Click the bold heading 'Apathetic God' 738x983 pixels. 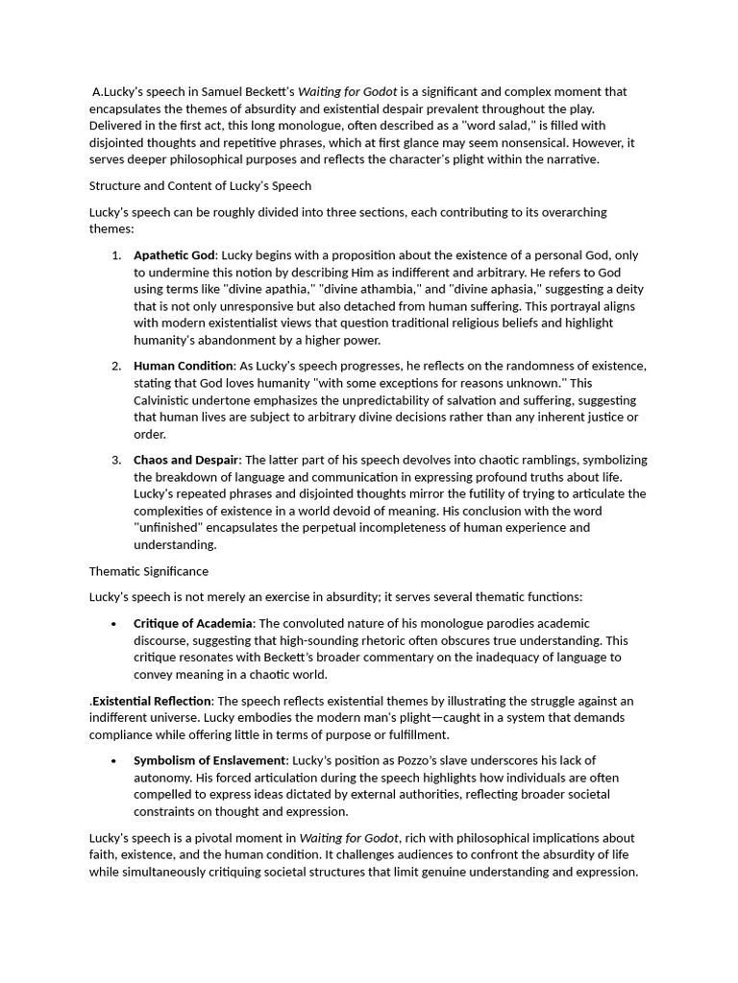[x=175, y=255]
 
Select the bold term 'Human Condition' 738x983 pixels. [x=184, y=366]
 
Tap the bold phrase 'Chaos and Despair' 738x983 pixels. [x=186, y=460]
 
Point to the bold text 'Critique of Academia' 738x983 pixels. [x=193, y=623]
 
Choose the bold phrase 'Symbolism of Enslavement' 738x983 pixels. [x=210, y=760]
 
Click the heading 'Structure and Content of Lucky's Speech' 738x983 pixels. [x=200, y=185]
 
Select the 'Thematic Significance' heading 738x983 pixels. [x=149, y=571]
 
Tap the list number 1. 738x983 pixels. [x=115, y=255]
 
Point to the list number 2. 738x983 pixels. [x=115, y=366]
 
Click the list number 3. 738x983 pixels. [x=115, y=460]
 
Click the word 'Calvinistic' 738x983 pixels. [x=166, y=400]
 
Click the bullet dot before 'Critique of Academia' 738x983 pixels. [x=114, y=624]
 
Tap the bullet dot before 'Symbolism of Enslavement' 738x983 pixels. [x=114, y=761]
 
